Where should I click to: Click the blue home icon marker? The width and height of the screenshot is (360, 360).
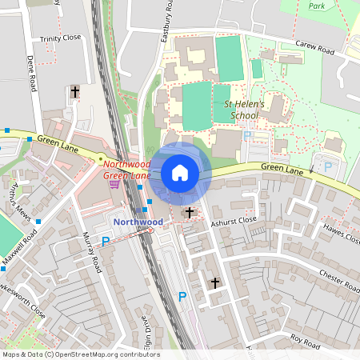[180, 173]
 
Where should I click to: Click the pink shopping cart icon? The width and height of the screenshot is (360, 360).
[116, 184]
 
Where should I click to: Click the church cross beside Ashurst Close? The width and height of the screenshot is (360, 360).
[190, 212]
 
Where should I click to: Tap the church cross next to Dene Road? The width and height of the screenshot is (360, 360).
[75, 92]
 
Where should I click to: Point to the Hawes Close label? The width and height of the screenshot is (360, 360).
[342, 231]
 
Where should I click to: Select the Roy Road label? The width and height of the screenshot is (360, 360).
[304, 342]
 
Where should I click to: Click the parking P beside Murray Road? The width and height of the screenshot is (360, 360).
[106, 241]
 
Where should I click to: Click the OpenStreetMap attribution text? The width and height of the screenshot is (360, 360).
[81, 354]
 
